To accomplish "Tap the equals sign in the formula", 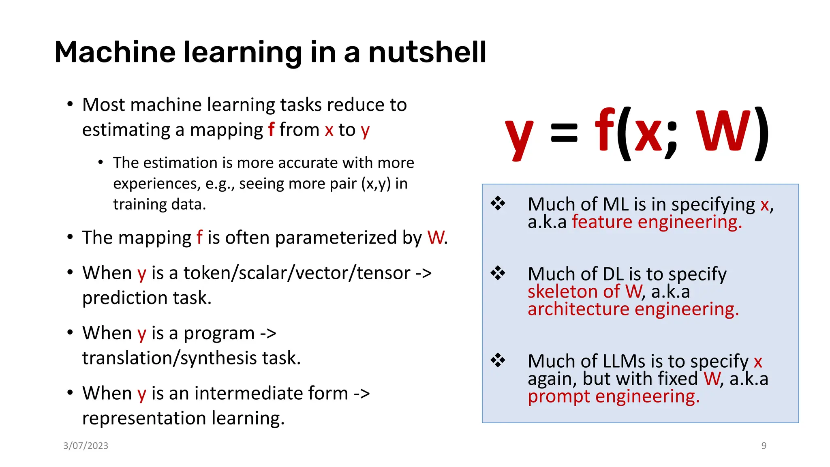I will coord(564,133).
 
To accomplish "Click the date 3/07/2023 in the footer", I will coord(86,446).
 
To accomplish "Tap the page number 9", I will coord(764,446).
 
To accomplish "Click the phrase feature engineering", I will coord(657,222).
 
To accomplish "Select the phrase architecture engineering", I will coord(633,309).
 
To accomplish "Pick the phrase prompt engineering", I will coord(614,396).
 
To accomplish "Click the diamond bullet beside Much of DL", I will coord(498,273).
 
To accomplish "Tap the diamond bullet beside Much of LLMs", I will coord(498,360).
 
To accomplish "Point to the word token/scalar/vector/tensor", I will coord(297,273).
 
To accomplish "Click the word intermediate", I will coord(271,393).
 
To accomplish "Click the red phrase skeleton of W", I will coord(585,291).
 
